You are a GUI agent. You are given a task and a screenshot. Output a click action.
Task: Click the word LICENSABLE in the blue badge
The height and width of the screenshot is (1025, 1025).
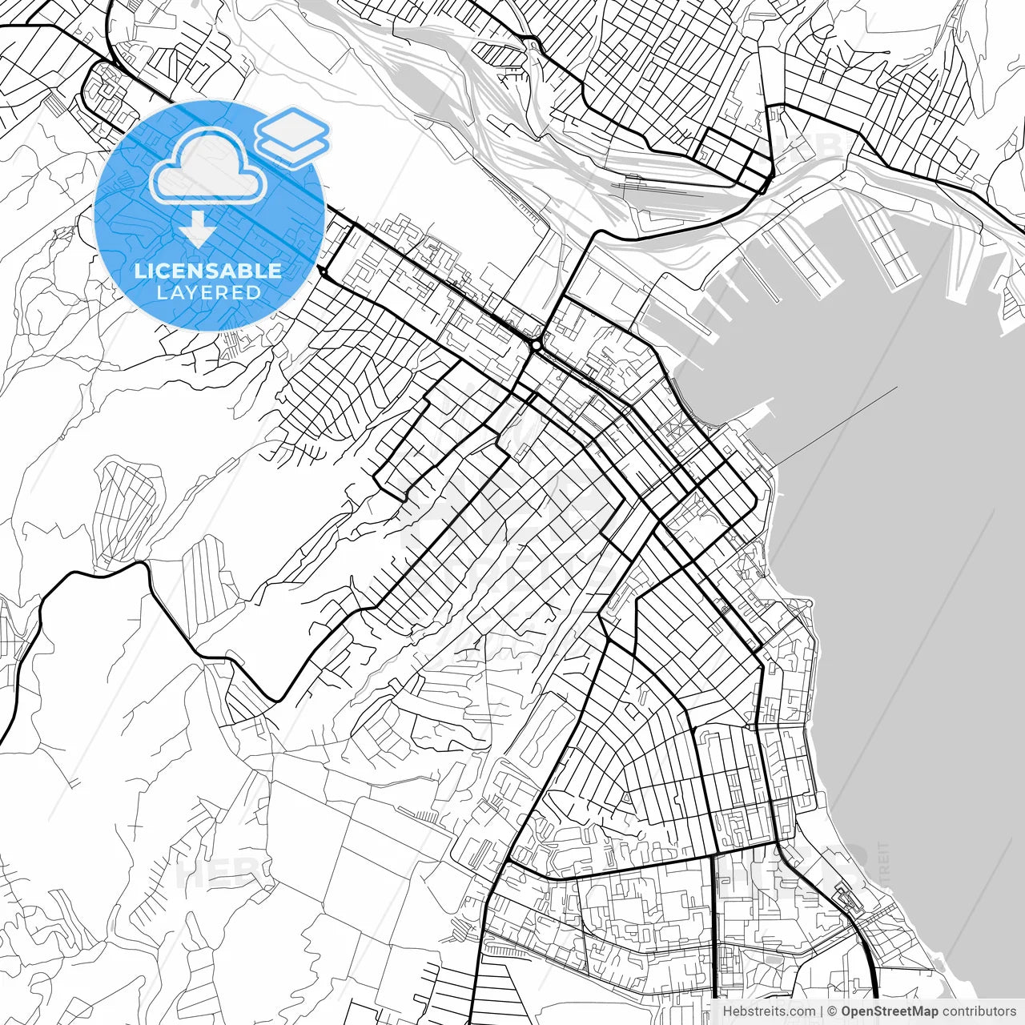pyautogui.click(x=208, y=271)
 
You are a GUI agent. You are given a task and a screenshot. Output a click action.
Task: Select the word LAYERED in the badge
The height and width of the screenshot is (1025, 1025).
pyautogui.click(x=208, y=292)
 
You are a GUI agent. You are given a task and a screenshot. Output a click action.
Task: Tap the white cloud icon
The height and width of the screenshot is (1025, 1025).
pyautogui.click(x=208, y=167)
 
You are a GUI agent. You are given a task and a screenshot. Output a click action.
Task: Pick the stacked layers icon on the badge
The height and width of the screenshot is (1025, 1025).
pyautogui.click(x=292, y=136)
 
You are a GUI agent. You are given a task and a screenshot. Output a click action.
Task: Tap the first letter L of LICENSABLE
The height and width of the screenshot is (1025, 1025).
pyautogui.click(x=139, y=271)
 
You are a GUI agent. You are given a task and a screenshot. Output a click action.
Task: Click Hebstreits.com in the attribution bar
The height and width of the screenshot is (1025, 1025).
pyautogui.click(x=769, y=1011)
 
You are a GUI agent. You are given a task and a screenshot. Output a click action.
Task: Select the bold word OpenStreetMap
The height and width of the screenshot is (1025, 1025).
pyautogui.click(x=889, y=1011)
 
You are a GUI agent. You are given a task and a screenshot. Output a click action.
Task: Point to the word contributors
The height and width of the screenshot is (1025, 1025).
pyautogui.click(x=979, y=1011)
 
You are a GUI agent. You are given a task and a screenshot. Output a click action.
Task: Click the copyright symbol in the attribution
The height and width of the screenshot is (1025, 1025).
pyautogui.click(x=833, y=1011)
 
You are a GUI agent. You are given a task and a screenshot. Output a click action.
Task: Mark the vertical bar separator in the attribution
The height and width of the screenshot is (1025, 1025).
pyautogui.click(x=822, y=1011)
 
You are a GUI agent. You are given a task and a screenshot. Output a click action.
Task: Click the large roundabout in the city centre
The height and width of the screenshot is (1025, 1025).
pyautogui.click(x=534, y=346)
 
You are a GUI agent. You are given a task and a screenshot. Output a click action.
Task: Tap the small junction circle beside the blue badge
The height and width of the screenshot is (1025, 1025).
pyautogui.click(x=322, y=273)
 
